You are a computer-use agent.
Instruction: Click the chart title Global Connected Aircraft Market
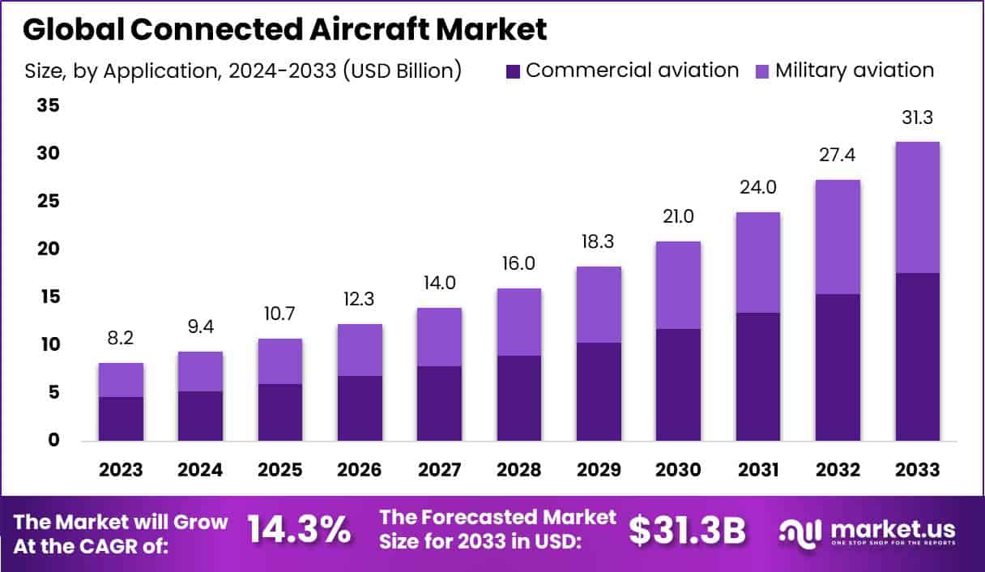pyautogui.click(x=284, y=29)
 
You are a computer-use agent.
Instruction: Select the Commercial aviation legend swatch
pyautogui.click(x=511, y=70)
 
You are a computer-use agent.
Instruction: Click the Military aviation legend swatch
pyautogui.click(x=761, y=70)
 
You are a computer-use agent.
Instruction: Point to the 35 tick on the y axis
pyautogui.click(x=48, y=105)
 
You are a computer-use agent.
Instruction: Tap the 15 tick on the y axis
pyautogui.click(x=48, y=297)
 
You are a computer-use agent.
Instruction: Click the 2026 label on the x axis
pyautogui.click(x=360, y=470)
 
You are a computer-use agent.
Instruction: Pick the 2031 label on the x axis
pyautogui.click(x=757, y=470)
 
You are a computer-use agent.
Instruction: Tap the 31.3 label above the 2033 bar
pyautogui.click(x=917, y=118)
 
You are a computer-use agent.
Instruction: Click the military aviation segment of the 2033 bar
pyautogui.click(x=917, y=207)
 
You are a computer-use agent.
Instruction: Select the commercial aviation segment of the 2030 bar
pyautogui.click(x=678, y=385)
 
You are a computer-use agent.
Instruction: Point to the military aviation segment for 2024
pyautogui.click(x=200, y=371)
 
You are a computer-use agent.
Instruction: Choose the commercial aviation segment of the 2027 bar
pyautogui.click(x=439, y=403)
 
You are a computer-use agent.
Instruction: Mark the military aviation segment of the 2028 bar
pyautogui.click(x=518, y=322)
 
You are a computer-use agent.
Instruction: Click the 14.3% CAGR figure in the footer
pyautogui.click(x=299, y=530)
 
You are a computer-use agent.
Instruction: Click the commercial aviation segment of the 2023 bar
pyautogui.click(x=122, y=419)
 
